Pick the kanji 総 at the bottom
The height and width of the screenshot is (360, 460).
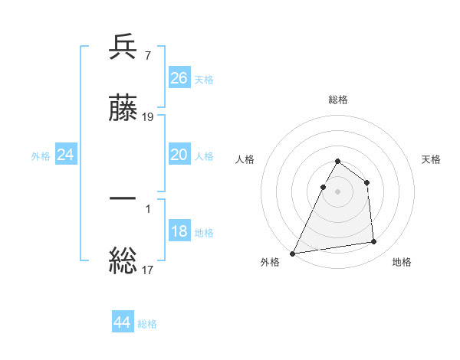(x=123, y=260)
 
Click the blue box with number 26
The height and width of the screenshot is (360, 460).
(x=179, y=78)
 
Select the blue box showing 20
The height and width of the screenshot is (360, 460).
(x=179, y=155)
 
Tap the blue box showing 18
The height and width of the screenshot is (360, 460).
(x=179, y=231)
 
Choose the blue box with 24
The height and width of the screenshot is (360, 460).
(x=66, y=155)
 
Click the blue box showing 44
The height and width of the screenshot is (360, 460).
(x=123, y=322)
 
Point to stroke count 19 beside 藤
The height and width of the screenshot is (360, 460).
(x=149, y=117)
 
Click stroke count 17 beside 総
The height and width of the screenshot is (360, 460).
(x=148, y=270)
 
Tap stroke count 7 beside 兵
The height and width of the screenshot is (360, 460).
(x=147, y=56)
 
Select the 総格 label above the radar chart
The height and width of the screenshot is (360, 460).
(x=338, y=100)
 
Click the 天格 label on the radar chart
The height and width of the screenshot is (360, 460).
(x=432, y=159)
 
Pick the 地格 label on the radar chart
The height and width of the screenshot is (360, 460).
(x=402, y=262)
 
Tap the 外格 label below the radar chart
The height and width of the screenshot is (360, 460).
(x=270, y=262)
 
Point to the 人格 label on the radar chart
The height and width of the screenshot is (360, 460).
(x=245, y=159)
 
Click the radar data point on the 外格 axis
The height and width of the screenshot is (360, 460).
(x=293, y=254)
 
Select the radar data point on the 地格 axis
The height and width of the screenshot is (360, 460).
(x=374, y=242)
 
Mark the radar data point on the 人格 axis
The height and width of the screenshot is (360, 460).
(x=324, y=187)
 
